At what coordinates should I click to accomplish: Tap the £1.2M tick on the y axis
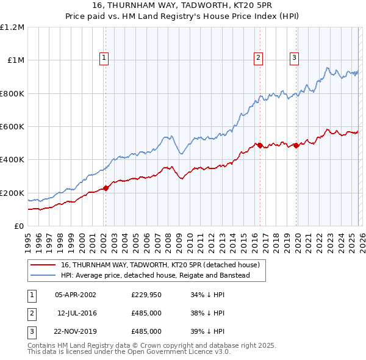pyautogui.click(x=12, y=27)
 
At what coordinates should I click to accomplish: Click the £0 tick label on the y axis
pyautogui.click(x=19, y=226)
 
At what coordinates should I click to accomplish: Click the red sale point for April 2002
pyautogui.click(x=106, y=188)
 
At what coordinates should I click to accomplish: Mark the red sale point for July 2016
pyautogui.click(x=259, y=145)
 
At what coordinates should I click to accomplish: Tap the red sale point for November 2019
pyautogui.click(x=296, y=145)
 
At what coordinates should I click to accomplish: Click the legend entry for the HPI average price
pyautogui.click(x=163, y=276)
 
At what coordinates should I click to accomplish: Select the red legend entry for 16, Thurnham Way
pyautogui.click(x=160, y=265)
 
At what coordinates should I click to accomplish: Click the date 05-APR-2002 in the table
pyautogui.click(x=75, y=295)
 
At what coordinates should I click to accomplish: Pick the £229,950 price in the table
pyautogui.click(x=146, y=295)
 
